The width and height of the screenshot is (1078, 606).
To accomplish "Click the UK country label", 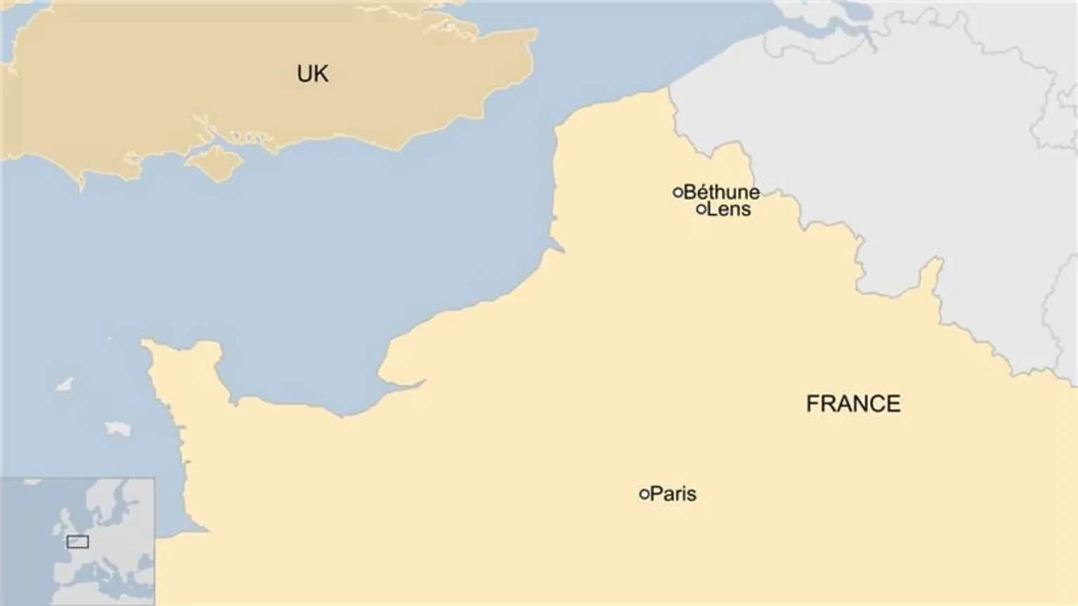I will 312,74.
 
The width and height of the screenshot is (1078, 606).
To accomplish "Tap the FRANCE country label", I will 853,404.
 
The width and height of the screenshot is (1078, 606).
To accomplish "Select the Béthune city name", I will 721,191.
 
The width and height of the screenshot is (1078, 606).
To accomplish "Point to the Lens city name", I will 728,209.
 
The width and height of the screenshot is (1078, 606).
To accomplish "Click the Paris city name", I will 673,494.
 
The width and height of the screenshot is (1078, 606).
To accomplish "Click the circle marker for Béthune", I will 678,191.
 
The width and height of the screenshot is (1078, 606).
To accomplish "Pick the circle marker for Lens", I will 700,209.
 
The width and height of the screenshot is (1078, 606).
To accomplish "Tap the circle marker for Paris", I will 644,494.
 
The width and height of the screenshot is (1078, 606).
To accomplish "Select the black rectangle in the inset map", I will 77,541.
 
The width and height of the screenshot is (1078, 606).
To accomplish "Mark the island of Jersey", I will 118,427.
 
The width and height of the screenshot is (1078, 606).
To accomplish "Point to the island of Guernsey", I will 64,385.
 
